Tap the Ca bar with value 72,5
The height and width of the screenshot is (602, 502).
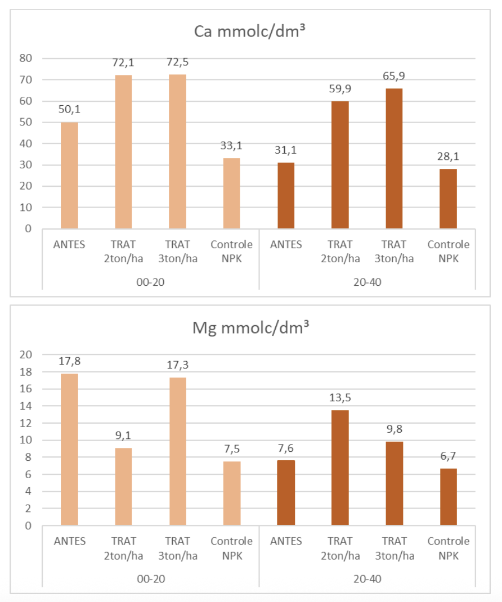[178, 151]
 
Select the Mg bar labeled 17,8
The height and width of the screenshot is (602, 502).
[69, 450]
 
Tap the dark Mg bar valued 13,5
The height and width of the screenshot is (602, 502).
[340, 468]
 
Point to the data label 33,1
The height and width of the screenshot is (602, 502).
[231, 146]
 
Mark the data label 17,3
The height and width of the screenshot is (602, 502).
[177, 365]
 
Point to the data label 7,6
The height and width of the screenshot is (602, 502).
[286, 448]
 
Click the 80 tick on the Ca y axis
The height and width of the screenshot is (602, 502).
[26, 58]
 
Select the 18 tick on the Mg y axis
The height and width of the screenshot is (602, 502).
[26, 372]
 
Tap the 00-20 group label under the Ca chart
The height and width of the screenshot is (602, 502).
[151, 281]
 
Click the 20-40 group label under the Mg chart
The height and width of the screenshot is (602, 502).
[367, 578]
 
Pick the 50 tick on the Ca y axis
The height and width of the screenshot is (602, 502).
[26, 122]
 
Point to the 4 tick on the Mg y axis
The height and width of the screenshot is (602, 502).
[28, 492]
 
